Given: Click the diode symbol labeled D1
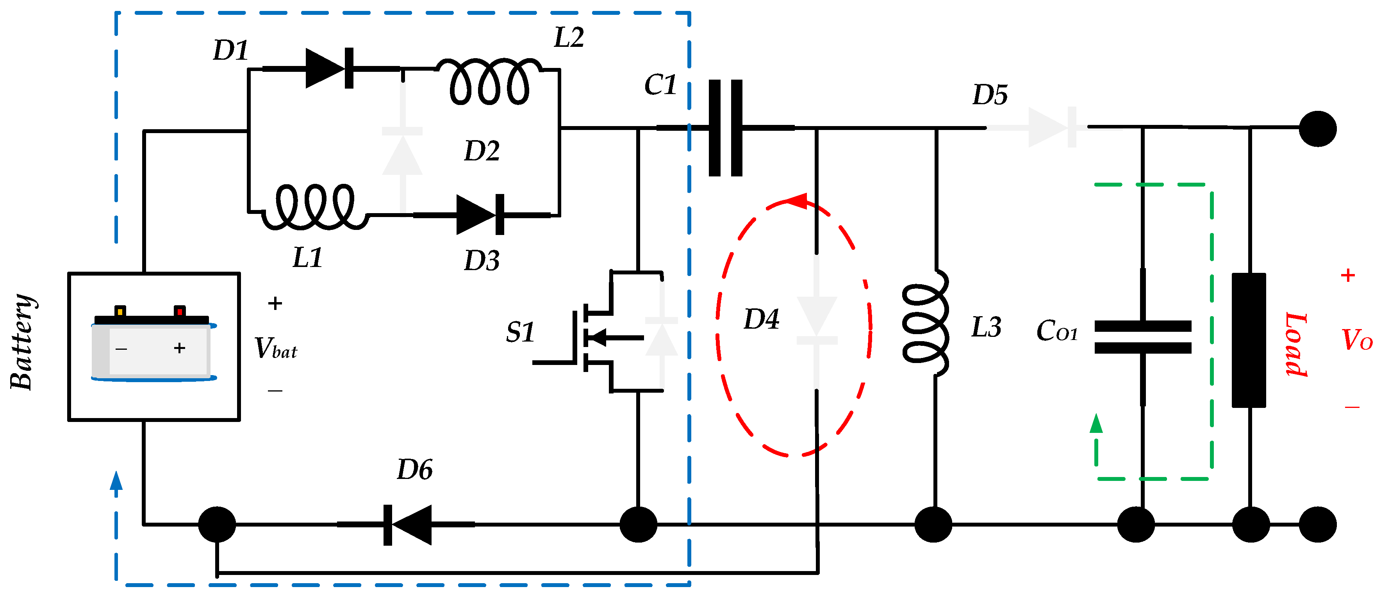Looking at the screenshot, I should (x=328, y=69).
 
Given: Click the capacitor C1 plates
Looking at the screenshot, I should (x=725, y=128).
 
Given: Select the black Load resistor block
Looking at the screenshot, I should (x=1249, y=340).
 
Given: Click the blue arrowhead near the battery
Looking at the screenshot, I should (x=116, y=481).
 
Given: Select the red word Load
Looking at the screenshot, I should (x=1296, y=345).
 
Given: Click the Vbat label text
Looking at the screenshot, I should (x=275, y=348).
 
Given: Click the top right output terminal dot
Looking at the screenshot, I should (x=1318, y=128).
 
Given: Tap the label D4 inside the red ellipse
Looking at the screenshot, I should (x=761, y=319).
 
